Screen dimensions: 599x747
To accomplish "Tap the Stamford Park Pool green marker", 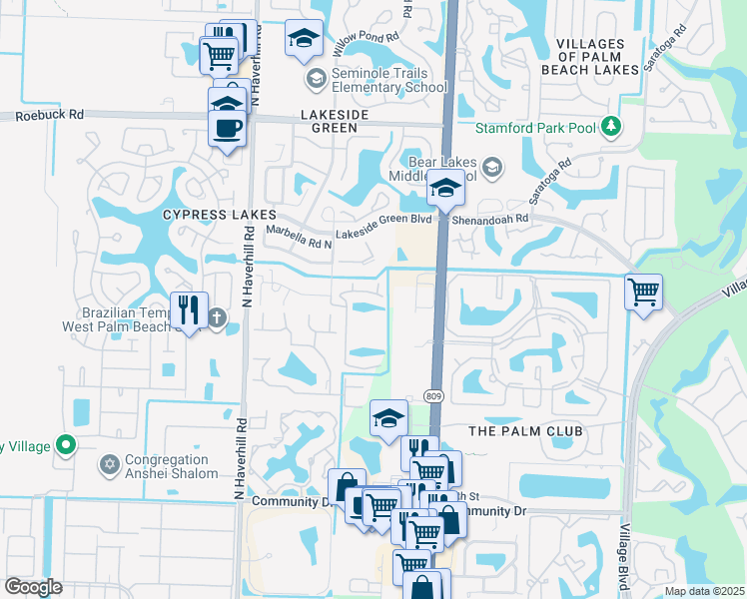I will (609, 127).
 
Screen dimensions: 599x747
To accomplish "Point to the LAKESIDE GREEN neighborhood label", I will (343, 123).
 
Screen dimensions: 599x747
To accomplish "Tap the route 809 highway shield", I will (432, 396).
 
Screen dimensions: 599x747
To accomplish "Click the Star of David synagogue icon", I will (109, 464).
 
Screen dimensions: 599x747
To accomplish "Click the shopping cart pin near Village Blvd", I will (643, 293).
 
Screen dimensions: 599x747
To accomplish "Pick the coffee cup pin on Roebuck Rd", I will (227, 128).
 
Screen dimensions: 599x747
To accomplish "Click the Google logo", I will (33, 587).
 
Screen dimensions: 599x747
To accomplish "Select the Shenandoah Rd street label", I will (491, 217).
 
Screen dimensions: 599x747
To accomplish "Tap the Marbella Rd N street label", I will (298, 235).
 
